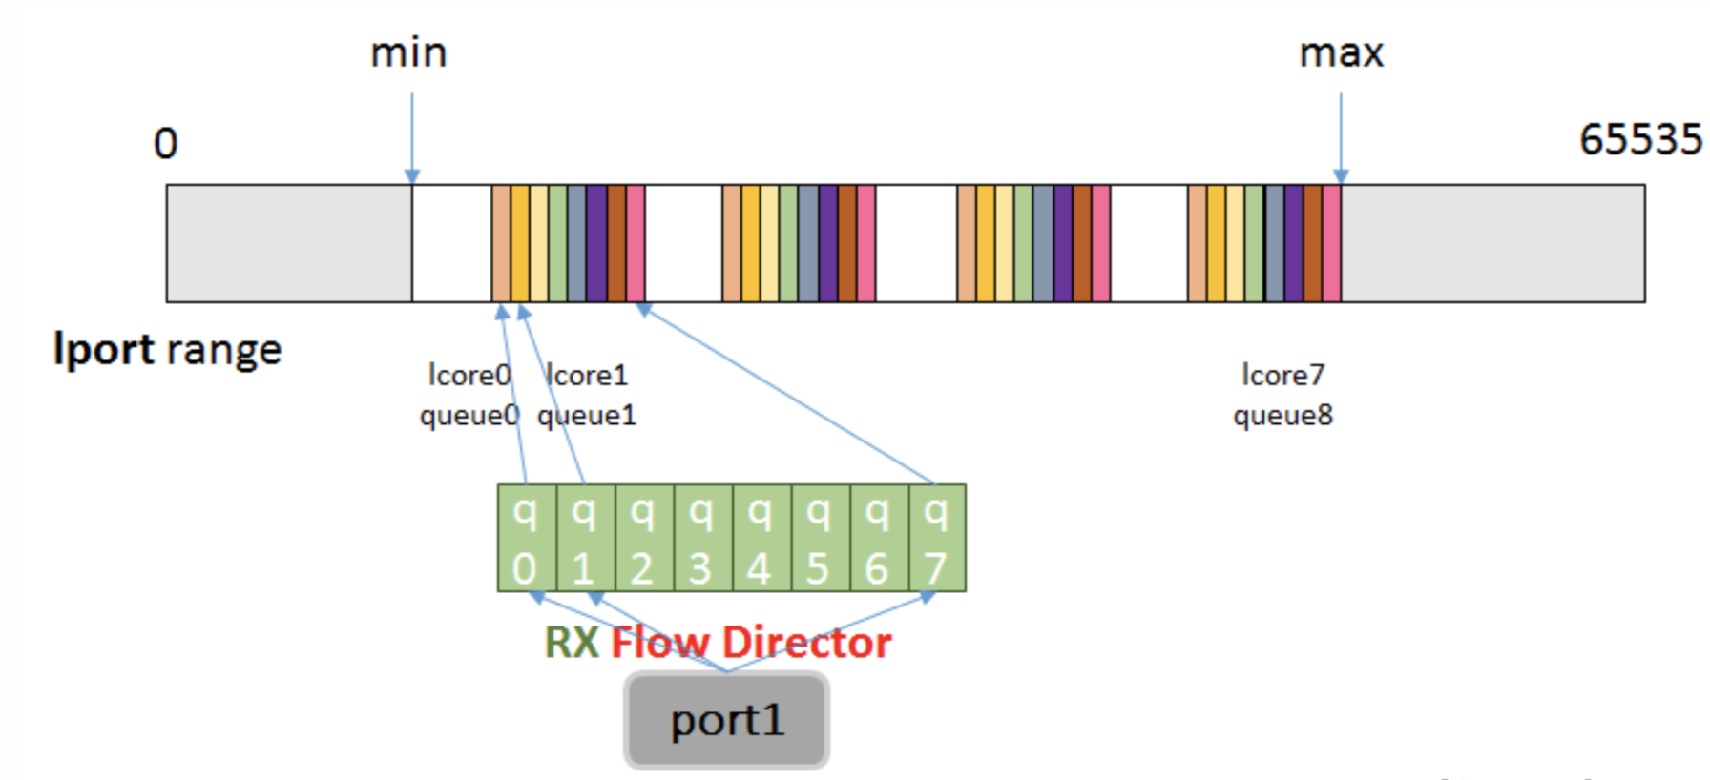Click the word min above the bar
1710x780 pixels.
[408, 52]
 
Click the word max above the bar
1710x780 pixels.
[1341, 52]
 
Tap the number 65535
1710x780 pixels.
[1639, 140]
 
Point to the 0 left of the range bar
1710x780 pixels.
[165, 144]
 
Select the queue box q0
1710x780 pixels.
[526, 539]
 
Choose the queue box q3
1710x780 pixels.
[701, 539]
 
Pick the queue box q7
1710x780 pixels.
[936, 539]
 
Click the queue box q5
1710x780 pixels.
[819, 539]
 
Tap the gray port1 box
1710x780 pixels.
[726, 721]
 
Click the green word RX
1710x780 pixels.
[571, 643]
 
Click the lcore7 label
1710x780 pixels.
[1282, 376]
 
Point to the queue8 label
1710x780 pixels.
[1282, 416]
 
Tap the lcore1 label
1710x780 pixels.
[586, 376]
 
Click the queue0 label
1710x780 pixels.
[469, 416]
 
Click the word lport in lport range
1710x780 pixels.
[103, 350]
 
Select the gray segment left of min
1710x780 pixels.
[289, 243]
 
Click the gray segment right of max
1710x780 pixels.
[1492, 243]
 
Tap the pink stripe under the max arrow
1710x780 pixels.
[1332, 243]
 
